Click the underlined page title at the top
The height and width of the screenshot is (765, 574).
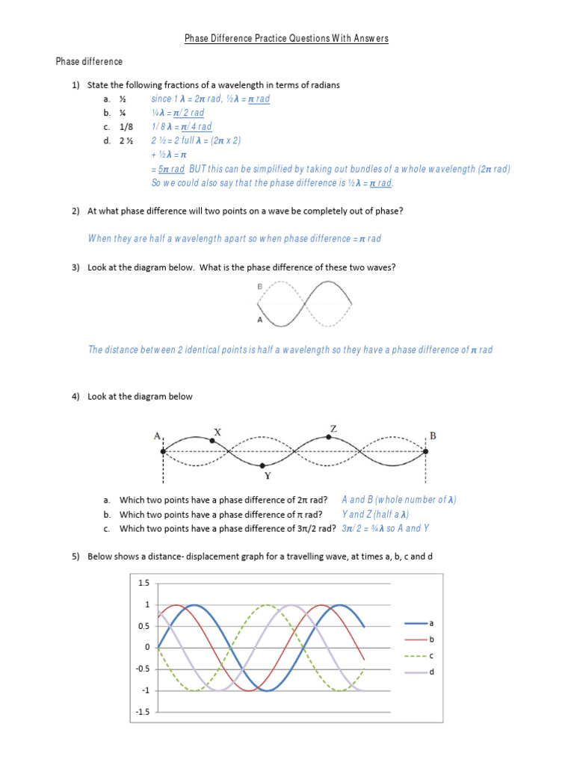coord(287,39)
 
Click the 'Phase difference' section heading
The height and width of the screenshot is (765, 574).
coord(89,61)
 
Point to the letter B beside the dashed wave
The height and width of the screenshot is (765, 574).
coord(259,285)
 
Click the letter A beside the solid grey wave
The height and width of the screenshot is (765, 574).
coord(259,320)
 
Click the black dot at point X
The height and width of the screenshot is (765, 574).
coord(212,441)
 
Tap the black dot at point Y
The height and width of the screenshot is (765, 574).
coord(265,465)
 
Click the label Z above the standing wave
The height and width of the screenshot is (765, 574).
coord(333,428)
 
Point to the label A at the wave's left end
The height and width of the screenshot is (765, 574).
coord(158,436)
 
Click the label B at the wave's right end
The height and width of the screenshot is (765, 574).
coord(431,436)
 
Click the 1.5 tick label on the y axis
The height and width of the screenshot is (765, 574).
coord(144,583)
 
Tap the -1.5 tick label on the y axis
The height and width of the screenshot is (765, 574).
coord(143,713)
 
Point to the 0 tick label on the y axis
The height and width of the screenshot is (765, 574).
coord(148,648)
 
